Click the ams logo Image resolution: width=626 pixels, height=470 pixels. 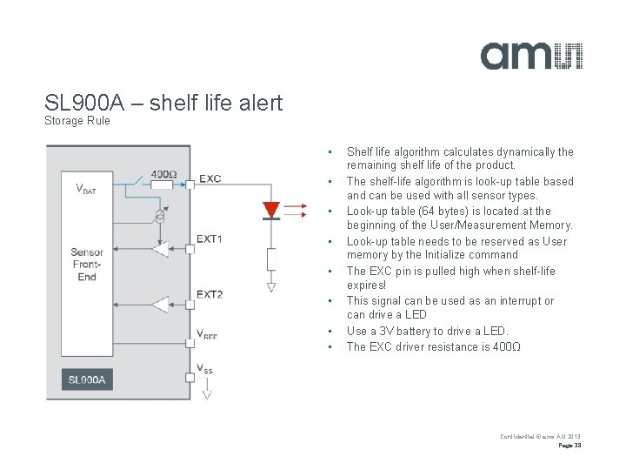[531, 55]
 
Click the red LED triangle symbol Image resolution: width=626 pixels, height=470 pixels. [270, 210]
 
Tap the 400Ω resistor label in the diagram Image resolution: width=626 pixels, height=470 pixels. [163, 174]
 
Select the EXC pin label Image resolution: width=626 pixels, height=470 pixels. [210, 179]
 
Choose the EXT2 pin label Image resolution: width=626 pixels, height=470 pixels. [210, 294]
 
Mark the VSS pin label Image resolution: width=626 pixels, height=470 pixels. [205, 369]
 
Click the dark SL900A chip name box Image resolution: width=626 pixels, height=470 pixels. [86, 380]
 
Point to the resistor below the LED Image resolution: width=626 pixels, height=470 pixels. [271, 258]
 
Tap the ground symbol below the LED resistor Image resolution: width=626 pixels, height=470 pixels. [271, 287]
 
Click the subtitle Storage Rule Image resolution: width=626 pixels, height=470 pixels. [77, 121]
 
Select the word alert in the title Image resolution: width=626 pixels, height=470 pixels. [259, 103]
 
